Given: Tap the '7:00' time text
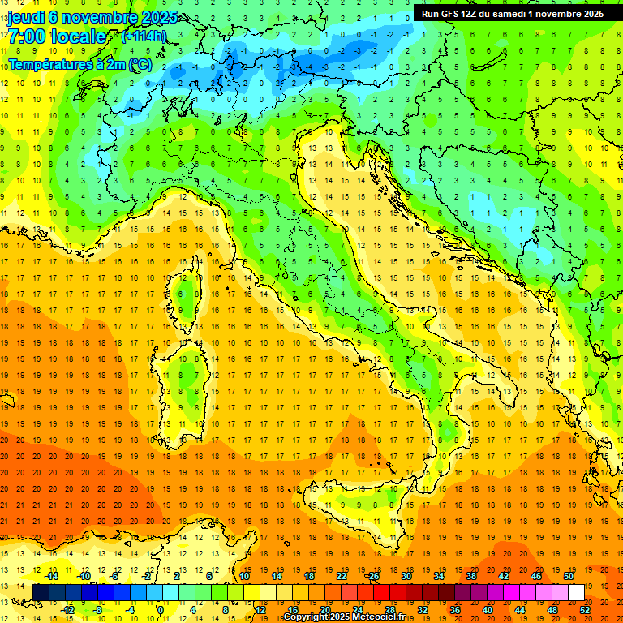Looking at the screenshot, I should pyautogui.click(x=25, y=37).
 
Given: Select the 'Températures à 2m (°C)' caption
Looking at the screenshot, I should pyautogui.click(x=79, y=63).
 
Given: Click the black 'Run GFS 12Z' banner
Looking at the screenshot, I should pyautogui.click(x=512, y=14).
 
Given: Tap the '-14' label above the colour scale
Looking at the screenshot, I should pyautogui.click(x=50, y=576).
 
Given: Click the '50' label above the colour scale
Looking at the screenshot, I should pyautogui.click(x=569, y=576).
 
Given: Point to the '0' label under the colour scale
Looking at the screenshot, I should pyautogui.click(x=161, y=610).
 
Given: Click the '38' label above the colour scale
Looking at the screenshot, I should pyautogui.click(x=470, y=576).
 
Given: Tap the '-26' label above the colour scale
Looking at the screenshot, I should pyautogui.click(x=373, y=576).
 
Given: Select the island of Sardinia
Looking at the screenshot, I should pyautogui.click(x=188, y=381).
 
